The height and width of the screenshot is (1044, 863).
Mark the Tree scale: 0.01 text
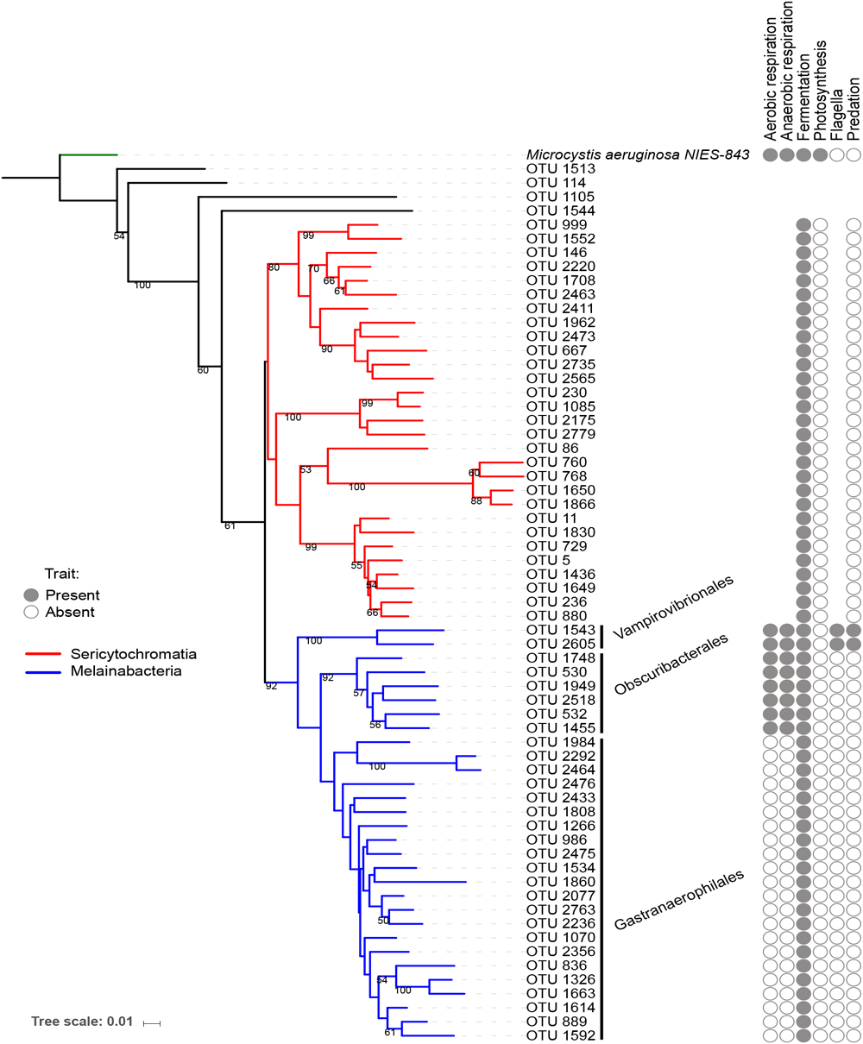click(x=82, y=1022)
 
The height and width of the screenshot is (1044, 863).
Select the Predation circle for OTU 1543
click(x=854, y=630)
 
